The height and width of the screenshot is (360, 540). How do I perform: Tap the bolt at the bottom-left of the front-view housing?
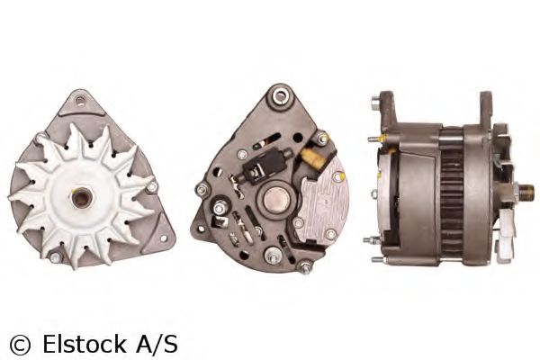pos(55,256)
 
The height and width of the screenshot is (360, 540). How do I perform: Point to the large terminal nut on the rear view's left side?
pos(204,189)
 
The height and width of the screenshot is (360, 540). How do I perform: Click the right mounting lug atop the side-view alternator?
pos(485,104)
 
